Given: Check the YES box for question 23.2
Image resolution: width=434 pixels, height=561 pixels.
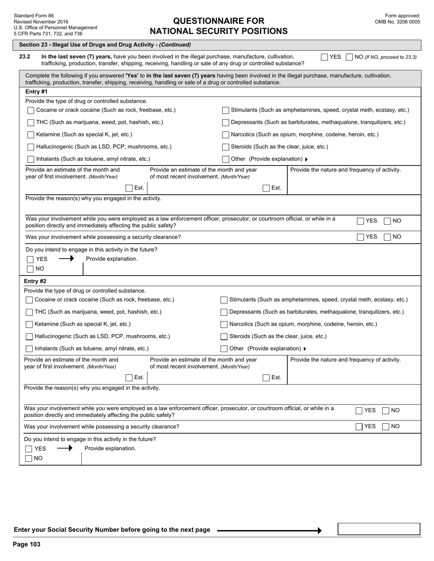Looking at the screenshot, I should pyautogui.click(x=324, y=57).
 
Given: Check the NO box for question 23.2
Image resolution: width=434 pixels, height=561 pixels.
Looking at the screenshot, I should pyautogui.click(x=349, y=57).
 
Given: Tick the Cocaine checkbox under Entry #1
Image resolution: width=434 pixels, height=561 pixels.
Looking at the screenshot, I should pyautogui.click(x=31, y=110).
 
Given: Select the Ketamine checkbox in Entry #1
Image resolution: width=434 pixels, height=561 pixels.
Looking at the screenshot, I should pyautogui.click(x=31, y=135).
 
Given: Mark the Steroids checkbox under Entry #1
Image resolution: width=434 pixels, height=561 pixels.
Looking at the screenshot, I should pyautogui.click(x=225, y=147).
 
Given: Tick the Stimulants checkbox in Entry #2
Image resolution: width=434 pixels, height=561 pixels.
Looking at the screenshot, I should pyautogui.click(x=224, y=300).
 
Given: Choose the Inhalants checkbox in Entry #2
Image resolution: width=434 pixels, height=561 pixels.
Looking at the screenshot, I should pyautogui.click(x=29, y=349).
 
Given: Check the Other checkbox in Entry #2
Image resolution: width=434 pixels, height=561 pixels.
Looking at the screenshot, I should pyautogui.click(x=224, y=349).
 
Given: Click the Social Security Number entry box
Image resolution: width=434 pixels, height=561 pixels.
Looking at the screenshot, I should pyautogui.click(x=378, y=529).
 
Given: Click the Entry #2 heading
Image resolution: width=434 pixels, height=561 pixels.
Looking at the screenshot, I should pyautogui.click(x=35, y=281).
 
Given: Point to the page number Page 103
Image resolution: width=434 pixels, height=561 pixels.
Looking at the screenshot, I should pyautogui.click(x=26, y=544).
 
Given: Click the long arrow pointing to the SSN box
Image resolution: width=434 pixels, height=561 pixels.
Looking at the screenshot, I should pyautogui.click(x=269, y=530).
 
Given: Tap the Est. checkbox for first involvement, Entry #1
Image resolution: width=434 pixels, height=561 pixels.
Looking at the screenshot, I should pyautogui.click(x=129, y=188).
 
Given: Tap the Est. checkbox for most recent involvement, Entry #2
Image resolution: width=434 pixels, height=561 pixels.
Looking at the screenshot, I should pyautogui.click(x=266, y=378).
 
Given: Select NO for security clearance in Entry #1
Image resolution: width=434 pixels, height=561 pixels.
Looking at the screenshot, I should pyautogui.click(x=387, y=237).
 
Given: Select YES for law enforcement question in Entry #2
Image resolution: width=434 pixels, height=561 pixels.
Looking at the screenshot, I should pyautogui.click(x=359, y=410).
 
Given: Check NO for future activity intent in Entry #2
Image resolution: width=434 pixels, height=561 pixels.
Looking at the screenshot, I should pyautogui.click(x=29, y=458).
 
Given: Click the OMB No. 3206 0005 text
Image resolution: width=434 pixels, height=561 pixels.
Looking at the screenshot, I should pyautogui.click(x=397, y=22).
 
